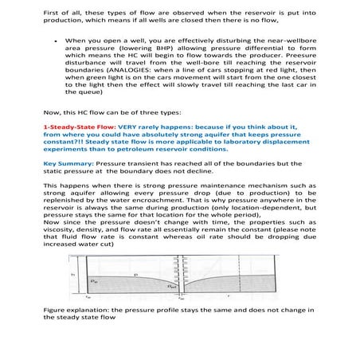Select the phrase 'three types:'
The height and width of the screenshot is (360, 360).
169,111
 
